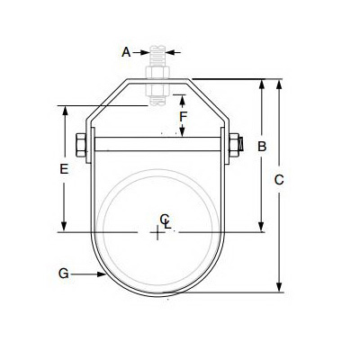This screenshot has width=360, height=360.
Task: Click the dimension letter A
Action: (x=126, y=52)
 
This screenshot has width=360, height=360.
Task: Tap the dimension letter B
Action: (x=263, y=146)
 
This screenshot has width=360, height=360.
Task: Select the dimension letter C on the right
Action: (x=279, y=180)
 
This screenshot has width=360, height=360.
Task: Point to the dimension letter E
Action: (x=63, y=168)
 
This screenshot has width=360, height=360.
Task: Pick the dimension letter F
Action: (x=183, y=116)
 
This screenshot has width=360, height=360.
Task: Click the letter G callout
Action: (x=62, y=271)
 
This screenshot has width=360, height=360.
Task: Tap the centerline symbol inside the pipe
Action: (x=164, y=219)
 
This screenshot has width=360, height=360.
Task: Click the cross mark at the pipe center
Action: (x=158, y=233)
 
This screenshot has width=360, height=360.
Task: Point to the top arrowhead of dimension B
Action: (x=263, y=84)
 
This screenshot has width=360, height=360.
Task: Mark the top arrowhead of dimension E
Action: (x=63, y=112)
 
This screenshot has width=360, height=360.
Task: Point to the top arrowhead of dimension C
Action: (x=279, y=84)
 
